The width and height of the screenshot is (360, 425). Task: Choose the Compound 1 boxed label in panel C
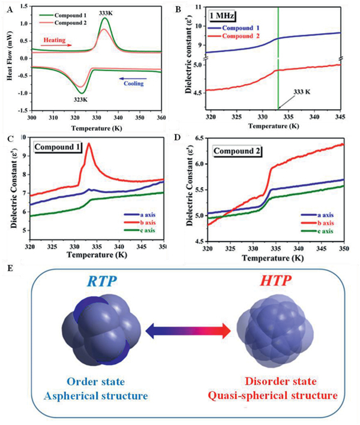coord(59,146)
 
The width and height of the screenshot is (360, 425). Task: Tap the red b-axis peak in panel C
coord(89,145)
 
